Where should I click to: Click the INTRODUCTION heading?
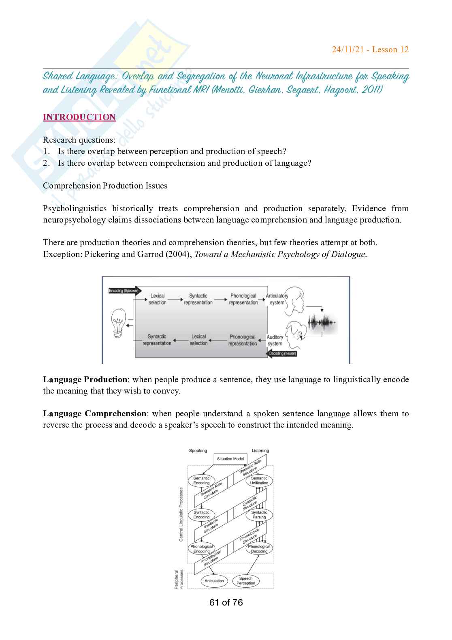tap(79, 117)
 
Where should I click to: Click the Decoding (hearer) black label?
tap(283, 353)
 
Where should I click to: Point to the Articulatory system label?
tap(277, 299)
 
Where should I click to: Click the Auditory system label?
tap(275, 340)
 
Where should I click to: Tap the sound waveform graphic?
tap(322, 323)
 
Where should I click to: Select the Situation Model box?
tap(230, 459)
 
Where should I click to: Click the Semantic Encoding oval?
tap(201, 480)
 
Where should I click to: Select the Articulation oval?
tap(214, 581)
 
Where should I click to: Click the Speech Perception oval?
tap(246, 581)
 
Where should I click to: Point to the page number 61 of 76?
tap(226, 603)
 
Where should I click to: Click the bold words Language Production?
tap(85, 380)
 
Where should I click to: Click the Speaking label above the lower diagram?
tap(198, 451)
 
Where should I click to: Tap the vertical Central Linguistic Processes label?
tap(181, 514)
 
